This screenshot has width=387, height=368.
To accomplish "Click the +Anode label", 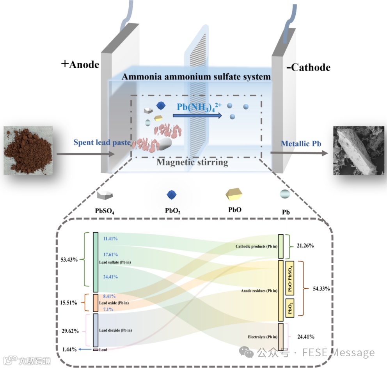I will pos(80,64).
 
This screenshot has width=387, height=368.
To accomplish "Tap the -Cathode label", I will pos(308,67).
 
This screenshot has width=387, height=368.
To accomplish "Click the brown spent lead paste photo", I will pos(28,150).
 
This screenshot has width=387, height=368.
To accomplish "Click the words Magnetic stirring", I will pos(192,162).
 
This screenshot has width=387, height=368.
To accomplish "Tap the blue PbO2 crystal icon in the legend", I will pos(172,195).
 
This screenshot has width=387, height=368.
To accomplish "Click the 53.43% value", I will pos(68,259).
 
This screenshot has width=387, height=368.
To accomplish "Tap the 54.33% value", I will pos(321,289).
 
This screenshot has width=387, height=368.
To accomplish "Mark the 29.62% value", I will pos(70,331).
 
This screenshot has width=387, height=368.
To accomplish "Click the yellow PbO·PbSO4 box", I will pos(289,278).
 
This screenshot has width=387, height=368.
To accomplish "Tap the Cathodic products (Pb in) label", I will pos(256,247).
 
